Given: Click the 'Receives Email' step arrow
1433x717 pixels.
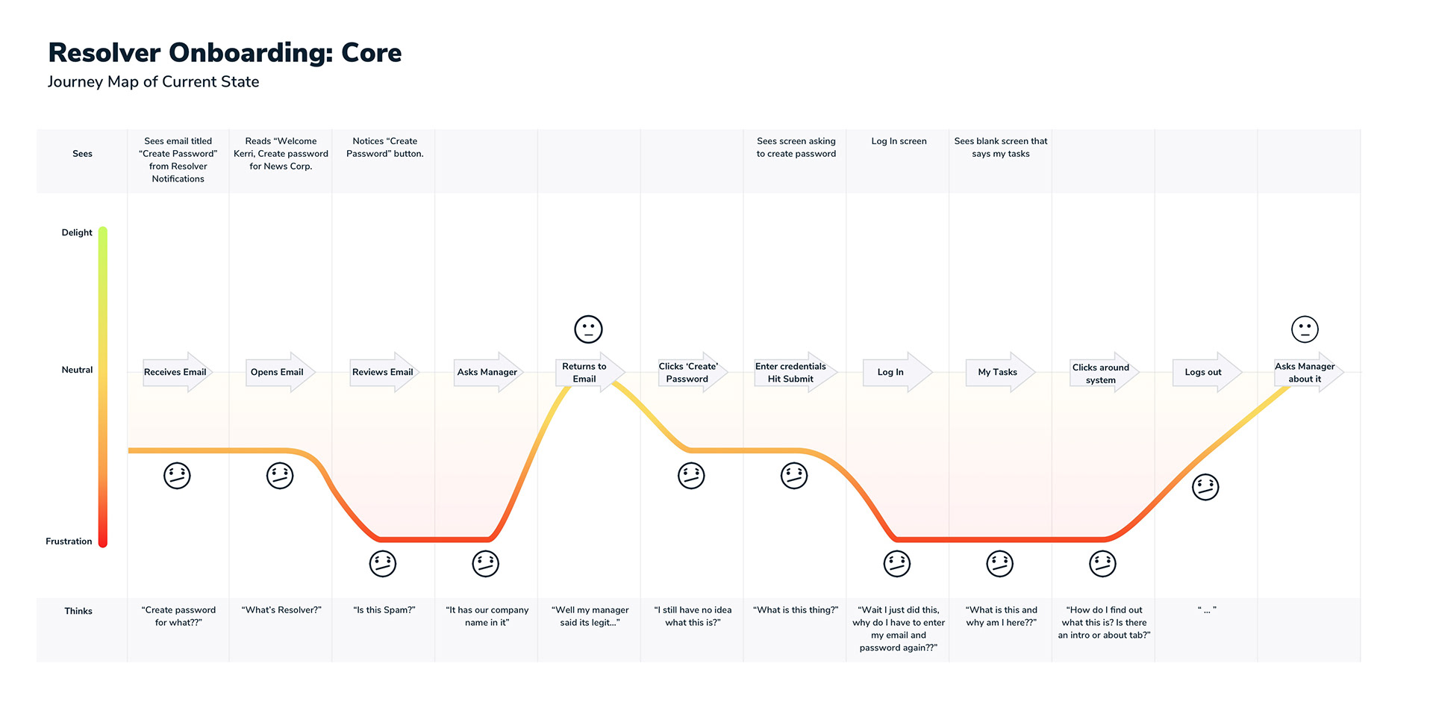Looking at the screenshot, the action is point(177,372).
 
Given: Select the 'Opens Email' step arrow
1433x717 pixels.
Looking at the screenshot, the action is point(280,372).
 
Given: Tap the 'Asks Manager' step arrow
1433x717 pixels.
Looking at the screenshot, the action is point(487,372).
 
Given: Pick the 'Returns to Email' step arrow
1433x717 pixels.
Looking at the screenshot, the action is point(590,372).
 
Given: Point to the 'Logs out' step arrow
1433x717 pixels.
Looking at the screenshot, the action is point(1207,372).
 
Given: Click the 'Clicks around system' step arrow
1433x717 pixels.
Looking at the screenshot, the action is point(1104,372).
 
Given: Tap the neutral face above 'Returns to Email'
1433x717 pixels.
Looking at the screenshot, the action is point(588,329).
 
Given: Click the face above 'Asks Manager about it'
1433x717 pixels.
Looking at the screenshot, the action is point(1305,329).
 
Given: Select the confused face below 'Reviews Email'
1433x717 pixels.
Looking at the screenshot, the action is point(383,564).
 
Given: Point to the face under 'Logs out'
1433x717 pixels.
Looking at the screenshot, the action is point(1205,487).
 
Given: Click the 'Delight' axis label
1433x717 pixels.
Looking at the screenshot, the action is point(77,232).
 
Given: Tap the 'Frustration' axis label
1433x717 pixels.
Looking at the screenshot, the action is point(69,541).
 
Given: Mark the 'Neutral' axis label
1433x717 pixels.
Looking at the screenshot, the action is point(77,370).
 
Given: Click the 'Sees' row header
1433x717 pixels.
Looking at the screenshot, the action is point(82,154).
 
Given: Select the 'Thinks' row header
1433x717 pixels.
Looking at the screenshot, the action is point(78,611).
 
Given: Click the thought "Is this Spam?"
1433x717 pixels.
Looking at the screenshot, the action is point(384,610).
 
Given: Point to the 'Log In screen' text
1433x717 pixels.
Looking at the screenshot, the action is point(899,141).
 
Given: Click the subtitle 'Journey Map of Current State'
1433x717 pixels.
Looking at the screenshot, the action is point(153,82).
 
